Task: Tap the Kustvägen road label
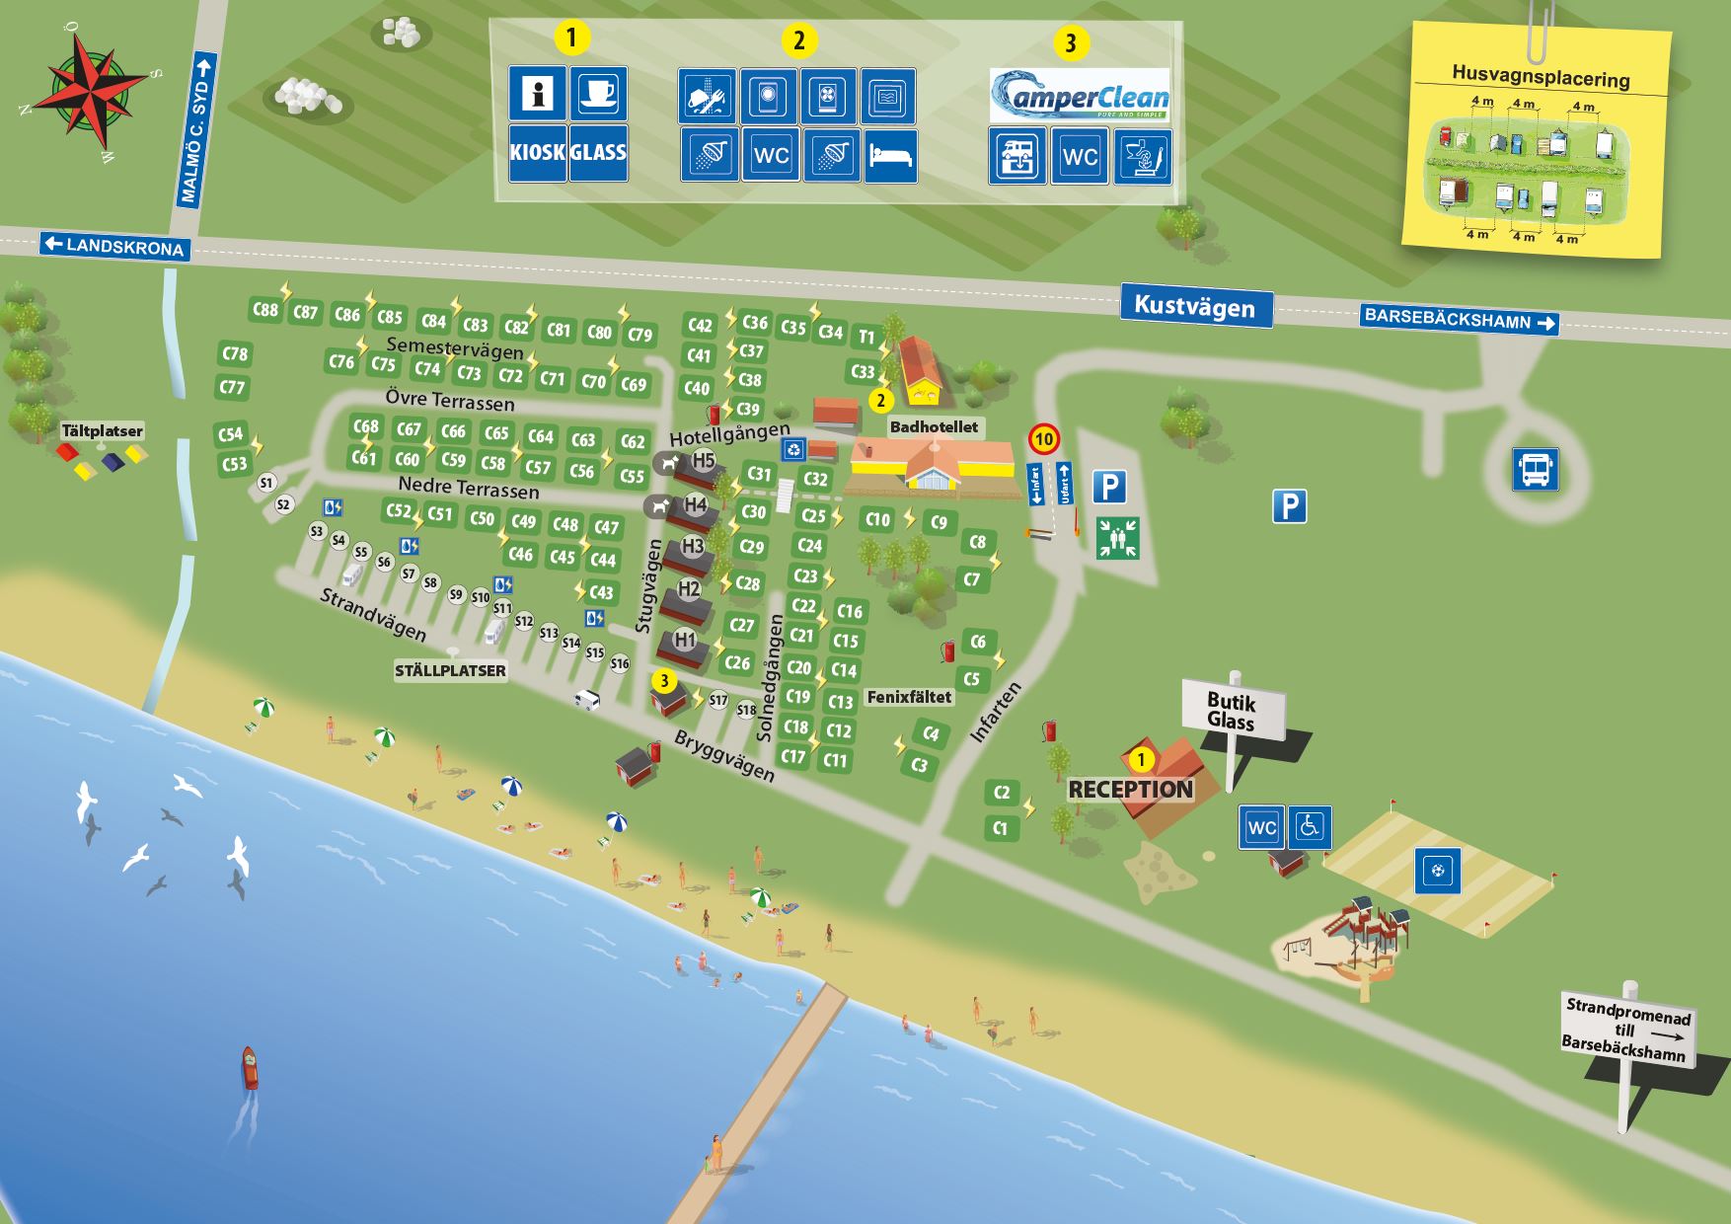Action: click(1194, 305)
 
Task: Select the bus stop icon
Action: click(1536, 468)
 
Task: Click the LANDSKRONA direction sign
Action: click(114, 246)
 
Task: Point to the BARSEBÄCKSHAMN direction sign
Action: click(1458, 320)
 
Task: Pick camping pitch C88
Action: click(264, 309)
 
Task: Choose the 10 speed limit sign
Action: click(1043, 438)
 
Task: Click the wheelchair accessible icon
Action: click(1310, 827)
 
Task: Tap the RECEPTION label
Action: click(1130, 790)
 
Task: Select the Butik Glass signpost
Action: click(1233, 710)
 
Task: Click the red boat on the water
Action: click(251, 1068)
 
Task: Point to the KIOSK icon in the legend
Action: click(538, 153)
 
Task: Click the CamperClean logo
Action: click(1080, 96)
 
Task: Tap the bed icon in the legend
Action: click(890, 156)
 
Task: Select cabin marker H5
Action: click(703, 460)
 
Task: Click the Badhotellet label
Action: click(934, 426)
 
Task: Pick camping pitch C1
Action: click(1001, 828)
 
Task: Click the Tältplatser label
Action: click(102, 431)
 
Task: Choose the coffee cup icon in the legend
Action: click(597, 94)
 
